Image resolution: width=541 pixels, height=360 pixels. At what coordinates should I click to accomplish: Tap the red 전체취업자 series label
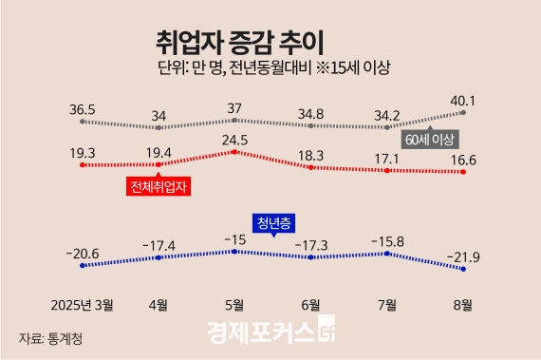[x=158, y=186]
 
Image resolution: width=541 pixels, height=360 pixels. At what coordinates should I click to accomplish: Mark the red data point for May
[x=234, y=151]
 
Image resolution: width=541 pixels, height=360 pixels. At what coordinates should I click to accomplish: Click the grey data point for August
[x=463, y=112]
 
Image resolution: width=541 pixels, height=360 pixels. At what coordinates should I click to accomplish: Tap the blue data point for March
[x=84, y=267]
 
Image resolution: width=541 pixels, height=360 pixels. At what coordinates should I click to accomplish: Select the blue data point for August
[x=463, y=269]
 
